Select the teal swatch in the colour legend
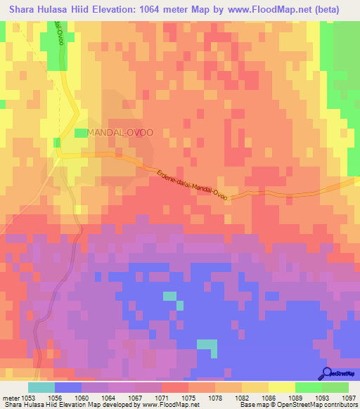(41, 387)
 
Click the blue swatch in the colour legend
(67, 387)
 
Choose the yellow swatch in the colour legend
(281, 387)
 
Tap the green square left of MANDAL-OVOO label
(81, 132)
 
